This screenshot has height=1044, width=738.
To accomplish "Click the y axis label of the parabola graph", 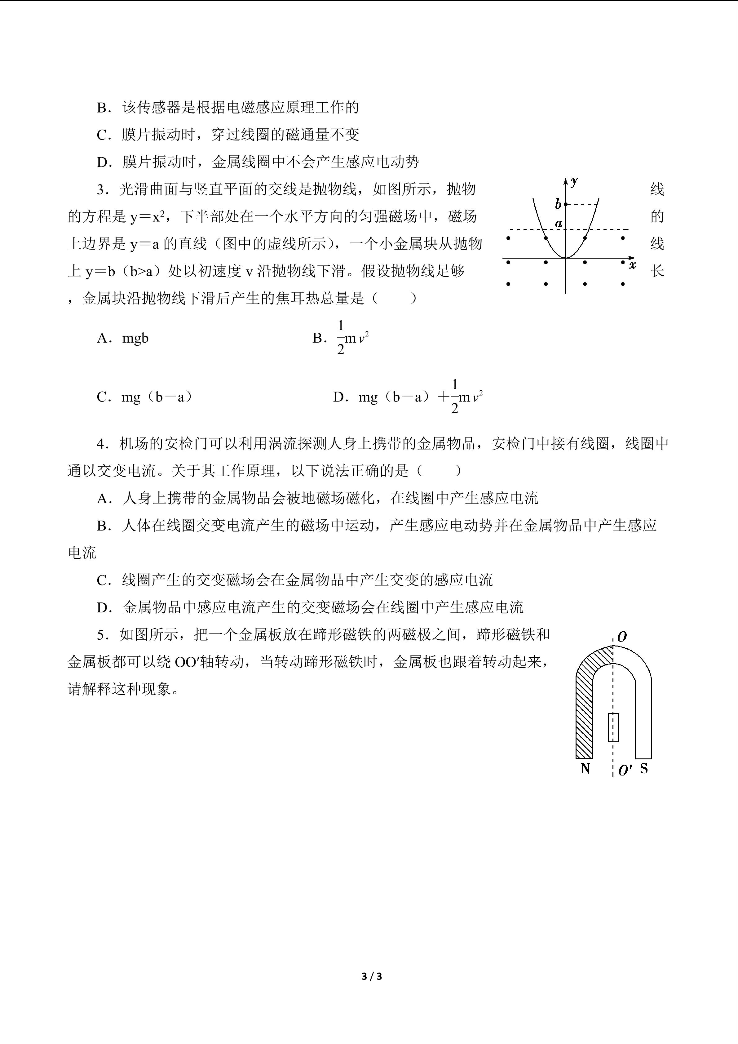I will tap(574, 182).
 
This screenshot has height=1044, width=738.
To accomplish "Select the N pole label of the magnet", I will tap(585, 768).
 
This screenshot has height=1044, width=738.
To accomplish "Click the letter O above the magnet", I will tap(622, 637).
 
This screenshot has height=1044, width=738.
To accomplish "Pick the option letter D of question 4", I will tap(104, 607).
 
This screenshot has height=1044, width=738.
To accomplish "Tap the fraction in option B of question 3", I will tap(341, 338).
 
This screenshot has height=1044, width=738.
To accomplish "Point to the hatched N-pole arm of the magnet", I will tap(584, 709).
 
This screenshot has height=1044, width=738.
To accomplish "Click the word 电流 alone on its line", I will tap(82, 553).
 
